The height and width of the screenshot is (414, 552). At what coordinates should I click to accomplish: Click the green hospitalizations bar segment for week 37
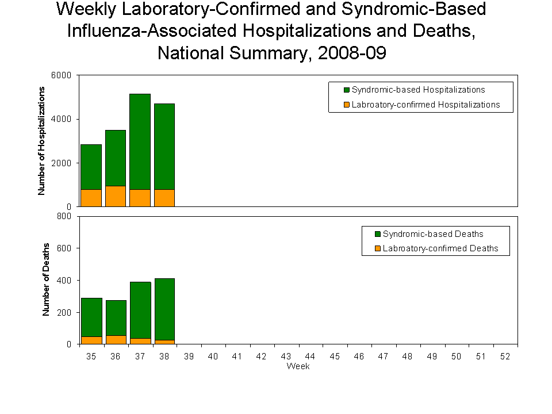[140, 141]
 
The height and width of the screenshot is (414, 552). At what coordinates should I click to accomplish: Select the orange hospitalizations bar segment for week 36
[116, 196]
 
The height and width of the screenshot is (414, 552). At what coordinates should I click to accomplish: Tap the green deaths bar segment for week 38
[164, 309]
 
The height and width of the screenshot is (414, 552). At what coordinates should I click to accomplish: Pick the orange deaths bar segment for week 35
[91, 340]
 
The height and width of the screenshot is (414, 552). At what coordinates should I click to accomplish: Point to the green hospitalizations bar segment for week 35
[91, 167]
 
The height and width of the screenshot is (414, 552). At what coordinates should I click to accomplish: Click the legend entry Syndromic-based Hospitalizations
[418, 90]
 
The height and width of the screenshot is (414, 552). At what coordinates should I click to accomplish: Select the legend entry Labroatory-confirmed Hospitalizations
[425, 105]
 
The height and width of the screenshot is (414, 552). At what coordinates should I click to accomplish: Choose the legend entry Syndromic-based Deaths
[433, 234]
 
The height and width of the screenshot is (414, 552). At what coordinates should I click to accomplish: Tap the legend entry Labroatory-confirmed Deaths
[440, 249]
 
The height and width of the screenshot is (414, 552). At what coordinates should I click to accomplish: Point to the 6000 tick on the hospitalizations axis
[63, 75]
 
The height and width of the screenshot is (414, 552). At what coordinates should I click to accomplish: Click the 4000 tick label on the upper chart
[63, 119]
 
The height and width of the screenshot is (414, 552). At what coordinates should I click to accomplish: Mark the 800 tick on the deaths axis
[65, 216]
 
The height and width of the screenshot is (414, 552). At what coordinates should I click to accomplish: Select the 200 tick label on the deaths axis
[65, 312]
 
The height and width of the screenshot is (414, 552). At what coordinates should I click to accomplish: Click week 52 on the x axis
[505, 356]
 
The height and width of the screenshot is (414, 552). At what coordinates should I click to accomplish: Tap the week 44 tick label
[310, 356]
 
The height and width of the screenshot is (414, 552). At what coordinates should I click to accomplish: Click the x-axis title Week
[298, 366]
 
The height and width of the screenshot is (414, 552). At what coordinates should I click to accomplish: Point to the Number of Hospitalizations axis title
[41, 141]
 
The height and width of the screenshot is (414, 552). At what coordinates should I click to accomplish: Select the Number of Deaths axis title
[46, 279]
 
